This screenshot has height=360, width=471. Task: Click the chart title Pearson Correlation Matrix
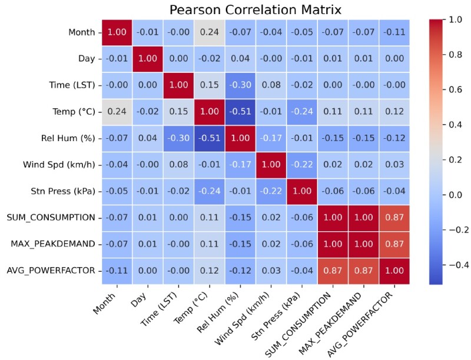[255, 10]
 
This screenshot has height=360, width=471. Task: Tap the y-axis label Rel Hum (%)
[71, 139]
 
